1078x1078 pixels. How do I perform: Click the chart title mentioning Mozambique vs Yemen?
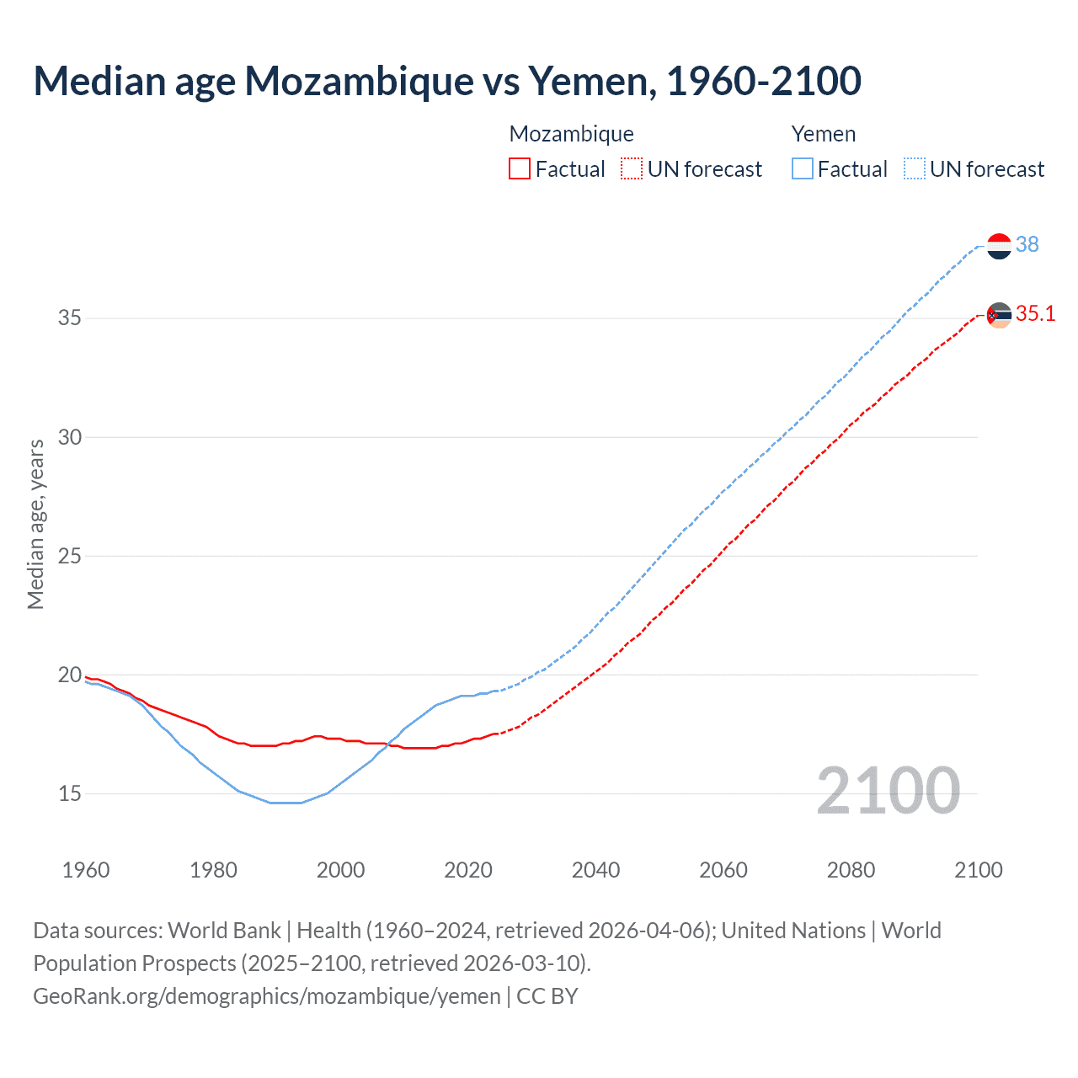447,81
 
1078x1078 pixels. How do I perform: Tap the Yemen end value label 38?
1027,244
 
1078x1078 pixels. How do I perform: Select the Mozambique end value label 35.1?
1035,314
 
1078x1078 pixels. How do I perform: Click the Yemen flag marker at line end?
999,246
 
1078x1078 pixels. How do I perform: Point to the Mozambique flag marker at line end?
999,315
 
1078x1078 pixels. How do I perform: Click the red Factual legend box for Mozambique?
520,168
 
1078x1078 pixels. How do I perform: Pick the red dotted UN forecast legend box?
632,168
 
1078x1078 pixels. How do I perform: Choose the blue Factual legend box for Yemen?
803,168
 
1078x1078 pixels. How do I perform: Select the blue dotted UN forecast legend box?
915,168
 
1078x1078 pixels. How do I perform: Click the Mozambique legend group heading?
571,134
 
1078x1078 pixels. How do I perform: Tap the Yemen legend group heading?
823,134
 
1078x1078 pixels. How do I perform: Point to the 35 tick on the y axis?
70,318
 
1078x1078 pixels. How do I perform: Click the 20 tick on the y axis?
70,675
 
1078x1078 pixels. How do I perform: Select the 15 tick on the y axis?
70,793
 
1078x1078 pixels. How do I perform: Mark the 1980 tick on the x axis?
213,870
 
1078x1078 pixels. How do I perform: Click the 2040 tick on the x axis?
595,870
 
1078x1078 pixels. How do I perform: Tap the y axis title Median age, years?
35,524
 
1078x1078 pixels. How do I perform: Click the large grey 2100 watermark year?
888,790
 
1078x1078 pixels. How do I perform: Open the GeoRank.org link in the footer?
267,996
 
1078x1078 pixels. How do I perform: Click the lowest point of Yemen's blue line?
286,803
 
